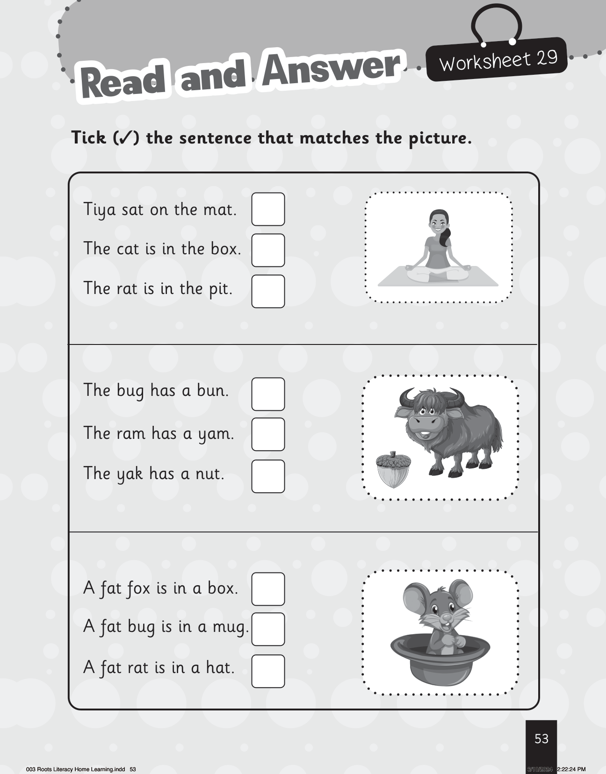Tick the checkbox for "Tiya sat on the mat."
point(268,209)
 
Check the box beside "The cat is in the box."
point(268,250)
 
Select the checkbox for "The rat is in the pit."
point(268,291)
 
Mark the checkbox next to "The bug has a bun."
point(268,394)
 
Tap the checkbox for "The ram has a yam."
point(268,434)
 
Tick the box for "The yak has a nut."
point(268,476)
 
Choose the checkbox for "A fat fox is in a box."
point(268,589)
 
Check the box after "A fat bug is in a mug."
point(268,629)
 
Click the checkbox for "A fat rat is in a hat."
point(268,671)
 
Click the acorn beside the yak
point(393,469)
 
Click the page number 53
point(541,739)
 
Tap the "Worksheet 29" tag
point(497,60)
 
